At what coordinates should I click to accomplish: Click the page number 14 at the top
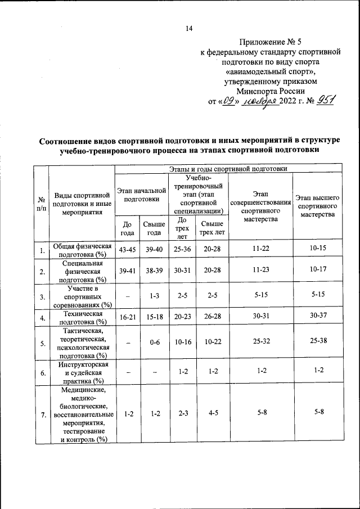point(189,29)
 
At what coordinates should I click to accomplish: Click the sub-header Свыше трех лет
point(211,228)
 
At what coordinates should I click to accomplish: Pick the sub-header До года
point(127,228)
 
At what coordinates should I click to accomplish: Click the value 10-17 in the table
point(318,271)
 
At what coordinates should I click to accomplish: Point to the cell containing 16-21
point(127,318)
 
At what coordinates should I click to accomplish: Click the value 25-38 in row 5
point(318,342)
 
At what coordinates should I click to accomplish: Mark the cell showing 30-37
point(318,318)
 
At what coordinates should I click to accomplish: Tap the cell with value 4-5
point(212,414)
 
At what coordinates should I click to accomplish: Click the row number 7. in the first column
point(41,415)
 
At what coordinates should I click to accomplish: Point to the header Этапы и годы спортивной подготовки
point(228,168)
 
